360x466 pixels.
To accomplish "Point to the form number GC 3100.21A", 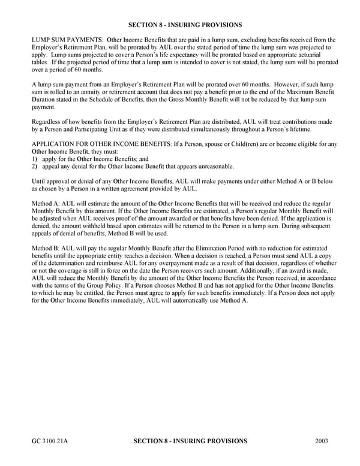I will tap(50, 441).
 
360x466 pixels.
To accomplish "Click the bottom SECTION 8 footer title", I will tap(189, 441).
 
